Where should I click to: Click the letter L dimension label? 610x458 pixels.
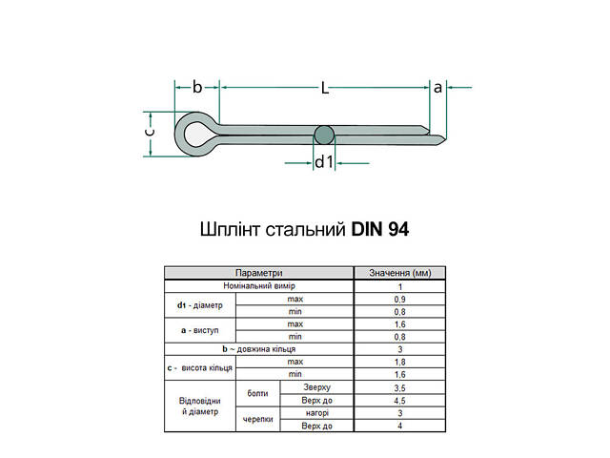coord(324,88)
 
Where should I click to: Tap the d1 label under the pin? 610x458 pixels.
coord(324,162)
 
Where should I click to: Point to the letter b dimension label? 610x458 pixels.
coord(197,87)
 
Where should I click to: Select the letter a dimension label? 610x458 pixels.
coord(437,87)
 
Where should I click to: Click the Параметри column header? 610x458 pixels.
coord(259,273)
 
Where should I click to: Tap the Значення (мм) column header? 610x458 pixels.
coord(400,273)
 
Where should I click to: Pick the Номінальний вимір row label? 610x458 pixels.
coord(259,286)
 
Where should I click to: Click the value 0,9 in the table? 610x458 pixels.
coord(400,300)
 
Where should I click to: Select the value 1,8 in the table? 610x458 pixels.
coord(400,362)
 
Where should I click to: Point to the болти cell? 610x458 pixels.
coord(256,393)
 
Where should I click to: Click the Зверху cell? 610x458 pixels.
coord(316,386)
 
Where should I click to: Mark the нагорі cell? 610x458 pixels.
coord(316,412)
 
